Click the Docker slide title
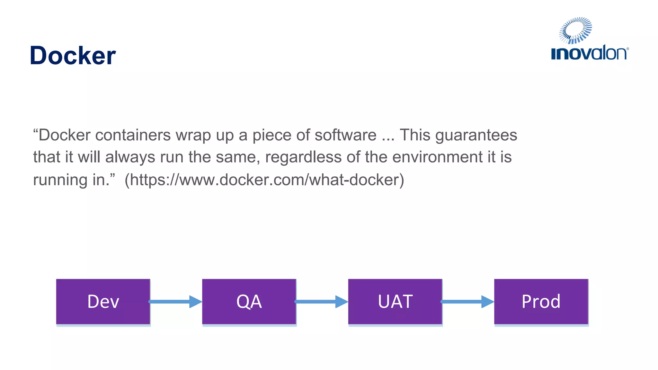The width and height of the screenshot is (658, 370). click(x=73, y=56)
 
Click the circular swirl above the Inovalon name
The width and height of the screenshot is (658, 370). click(x=575, y=31)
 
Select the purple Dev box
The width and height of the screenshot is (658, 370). click(x=103, y=302)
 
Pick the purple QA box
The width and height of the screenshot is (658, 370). click(x=249, y=302)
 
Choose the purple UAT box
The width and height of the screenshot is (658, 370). click(x=395, y=302)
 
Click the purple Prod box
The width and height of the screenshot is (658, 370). click(x=541, y=302)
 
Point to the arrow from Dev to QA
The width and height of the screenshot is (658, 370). click(x=175, y=302)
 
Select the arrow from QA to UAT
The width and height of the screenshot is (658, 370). click(x=321, y=302)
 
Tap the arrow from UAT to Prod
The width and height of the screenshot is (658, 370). click(x=467, y=302)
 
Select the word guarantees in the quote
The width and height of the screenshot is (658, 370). click(x=476, y=135)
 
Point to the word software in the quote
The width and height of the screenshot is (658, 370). click(x=345, y=135)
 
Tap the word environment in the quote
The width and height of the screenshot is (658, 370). click(x=437, y=157)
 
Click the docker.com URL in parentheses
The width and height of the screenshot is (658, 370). click(x=264, y=180)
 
